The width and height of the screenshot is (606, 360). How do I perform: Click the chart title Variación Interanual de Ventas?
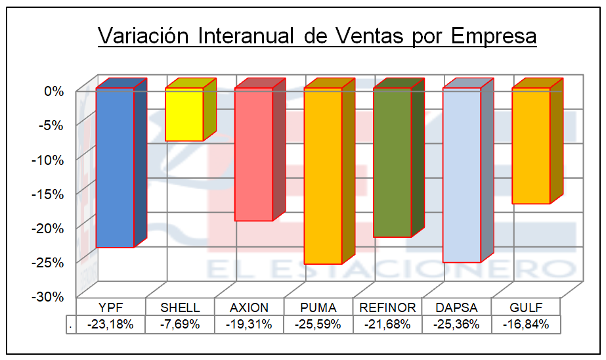pyautogui.click(x=317, y=36)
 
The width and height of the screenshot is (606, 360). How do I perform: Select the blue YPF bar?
pyautogui.click(x=116, y=168)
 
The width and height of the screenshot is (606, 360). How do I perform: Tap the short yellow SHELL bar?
pyautogui.click(x=184, y=114)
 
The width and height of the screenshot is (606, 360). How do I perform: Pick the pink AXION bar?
pyautogui.click(x=253, y=154)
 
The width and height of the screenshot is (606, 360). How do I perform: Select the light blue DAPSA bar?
pyautogui.click(x=462, y=175)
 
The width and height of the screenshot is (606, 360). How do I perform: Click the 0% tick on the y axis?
pyautogui.click(x=54, y=91)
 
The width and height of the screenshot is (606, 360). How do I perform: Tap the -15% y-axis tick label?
pyautogui.click(x=50, y=194)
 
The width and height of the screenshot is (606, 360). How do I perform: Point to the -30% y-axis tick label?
pyautogui.click(x=50, y=296)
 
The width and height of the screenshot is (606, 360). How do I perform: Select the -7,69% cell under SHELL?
pyautogui.click(x=180, y=324)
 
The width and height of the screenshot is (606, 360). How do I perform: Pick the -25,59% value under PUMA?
pyautogui.click(x=318, y=324)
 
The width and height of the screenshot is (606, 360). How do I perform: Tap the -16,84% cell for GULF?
pyautogui.click(x=525, y=324)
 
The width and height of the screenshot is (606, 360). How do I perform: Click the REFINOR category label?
pyautogui.click(x=387, y=307)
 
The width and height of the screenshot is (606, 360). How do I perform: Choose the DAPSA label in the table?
pyautogui.click(x=456, y=307)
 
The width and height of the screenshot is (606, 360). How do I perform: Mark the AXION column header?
pyautogui.click(x=249, y=307)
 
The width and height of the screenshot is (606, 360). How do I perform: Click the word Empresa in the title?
pyautogui.click(x=494, y=36)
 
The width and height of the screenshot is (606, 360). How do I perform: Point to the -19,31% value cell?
pyautogui.click(x=249, y=324)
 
